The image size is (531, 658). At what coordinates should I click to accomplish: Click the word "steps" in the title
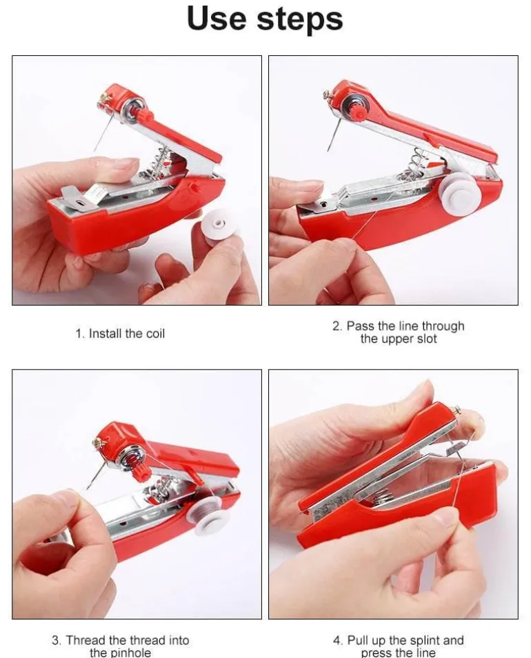pyautogui.click(x=300, y=20)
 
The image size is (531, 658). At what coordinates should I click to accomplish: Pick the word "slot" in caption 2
pyautogui.click(x=427, y=339)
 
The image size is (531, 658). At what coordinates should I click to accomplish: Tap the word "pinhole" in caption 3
pyautogui.click(x=130, y=652)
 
